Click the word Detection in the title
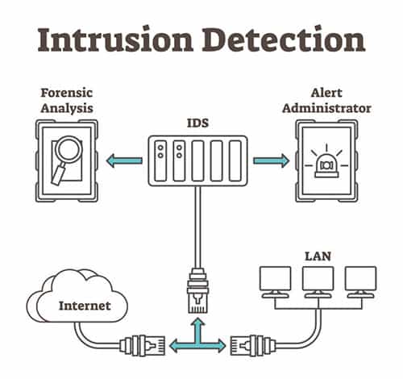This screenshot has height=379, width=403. pos(278,38)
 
